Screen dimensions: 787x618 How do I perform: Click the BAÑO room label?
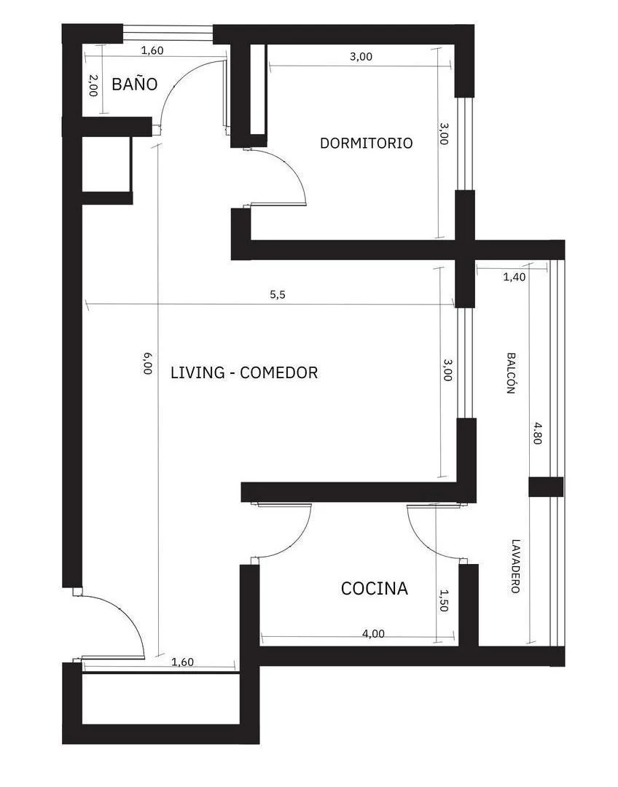point(134,84)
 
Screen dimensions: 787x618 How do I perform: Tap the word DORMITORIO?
point(366,143)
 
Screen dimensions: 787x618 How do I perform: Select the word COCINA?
point(374,588)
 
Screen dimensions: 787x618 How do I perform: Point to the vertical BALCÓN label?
point(512,373)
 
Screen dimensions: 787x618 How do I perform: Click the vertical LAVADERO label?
point(515,566)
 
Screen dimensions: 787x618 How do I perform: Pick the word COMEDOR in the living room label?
point(278,372)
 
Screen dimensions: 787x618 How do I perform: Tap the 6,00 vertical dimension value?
point(147,362)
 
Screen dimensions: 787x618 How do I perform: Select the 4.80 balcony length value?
point(538,434)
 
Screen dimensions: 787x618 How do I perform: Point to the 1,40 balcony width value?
point(515,277)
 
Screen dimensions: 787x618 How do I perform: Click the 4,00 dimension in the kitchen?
point(373,633)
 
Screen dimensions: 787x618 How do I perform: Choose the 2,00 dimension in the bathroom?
point(93,85)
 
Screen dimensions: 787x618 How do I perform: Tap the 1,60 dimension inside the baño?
point(152,50)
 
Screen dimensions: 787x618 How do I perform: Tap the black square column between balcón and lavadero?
point(545,487)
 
